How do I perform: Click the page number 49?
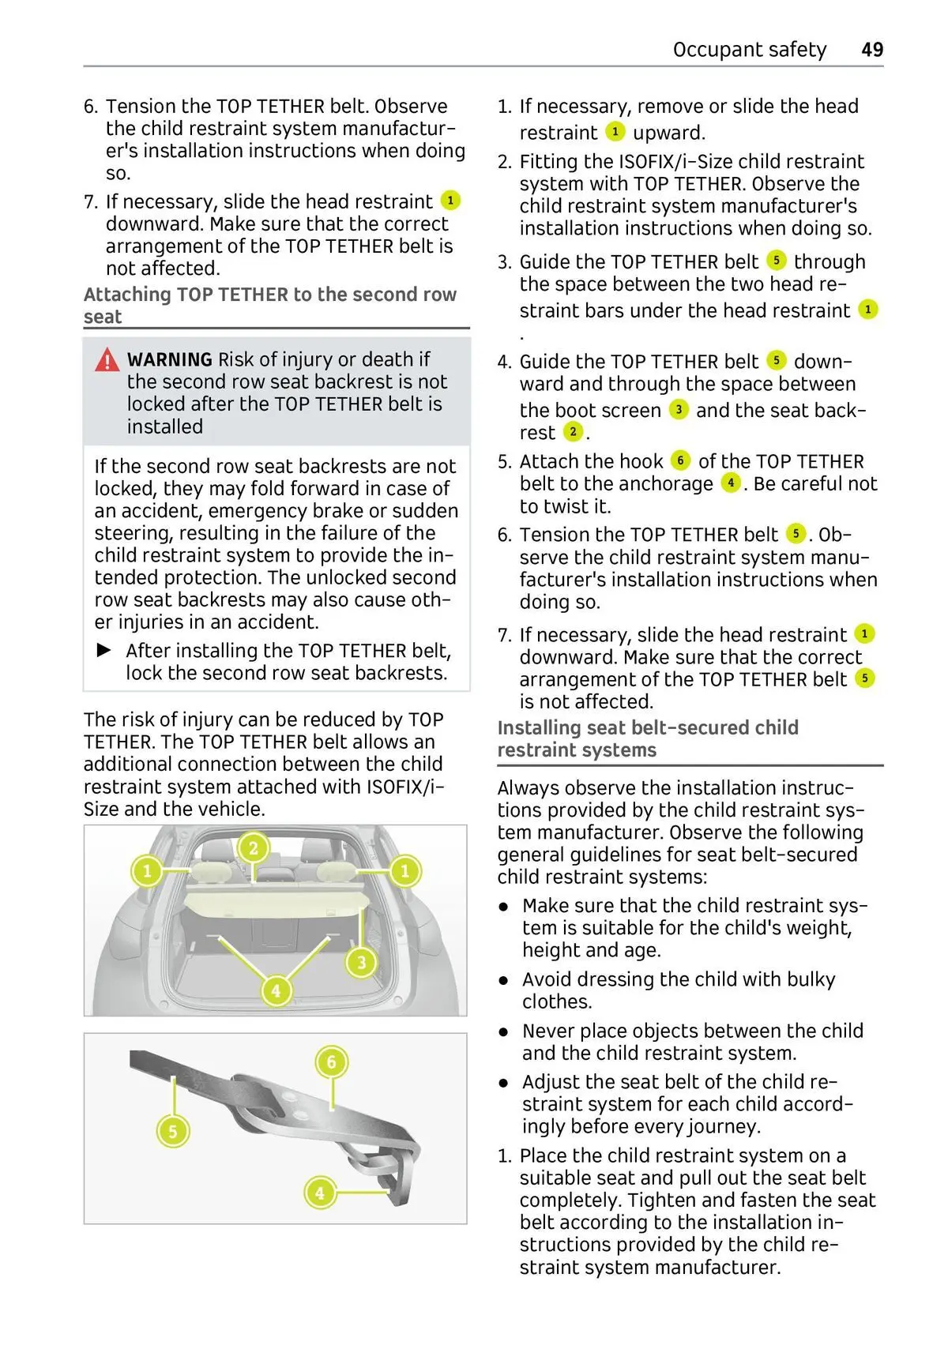(x=872, y=50)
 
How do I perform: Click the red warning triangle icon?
(x=107, y=360)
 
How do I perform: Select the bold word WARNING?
(x=169, y=360)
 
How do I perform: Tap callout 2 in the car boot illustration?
(x=254, y=848)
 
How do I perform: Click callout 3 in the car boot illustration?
(x=362, y=962)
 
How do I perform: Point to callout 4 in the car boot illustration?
(x=276, y=990)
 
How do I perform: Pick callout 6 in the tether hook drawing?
(x=331, y=1062)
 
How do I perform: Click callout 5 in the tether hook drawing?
(x=172, y=1131)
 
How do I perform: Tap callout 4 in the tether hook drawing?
(x=320, y=1192)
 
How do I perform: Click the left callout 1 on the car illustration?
(x=147, y=872)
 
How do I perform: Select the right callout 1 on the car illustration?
(x=405, y=871)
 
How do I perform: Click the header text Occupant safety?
(x=749, y=50)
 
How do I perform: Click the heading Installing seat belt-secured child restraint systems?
(x=648, y=738)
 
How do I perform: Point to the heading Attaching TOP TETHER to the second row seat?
(x=270, y=306)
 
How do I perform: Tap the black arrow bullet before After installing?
(x=104, y=650)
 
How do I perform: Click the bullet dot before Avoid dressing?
(x=503, y=980)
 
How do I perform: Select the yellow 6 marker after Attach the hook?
(x=680, y=460)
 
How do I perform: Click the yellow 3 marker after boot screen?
(x=678, y=410)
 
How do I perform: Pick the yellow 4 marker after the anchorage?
(x=732, y=483)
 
